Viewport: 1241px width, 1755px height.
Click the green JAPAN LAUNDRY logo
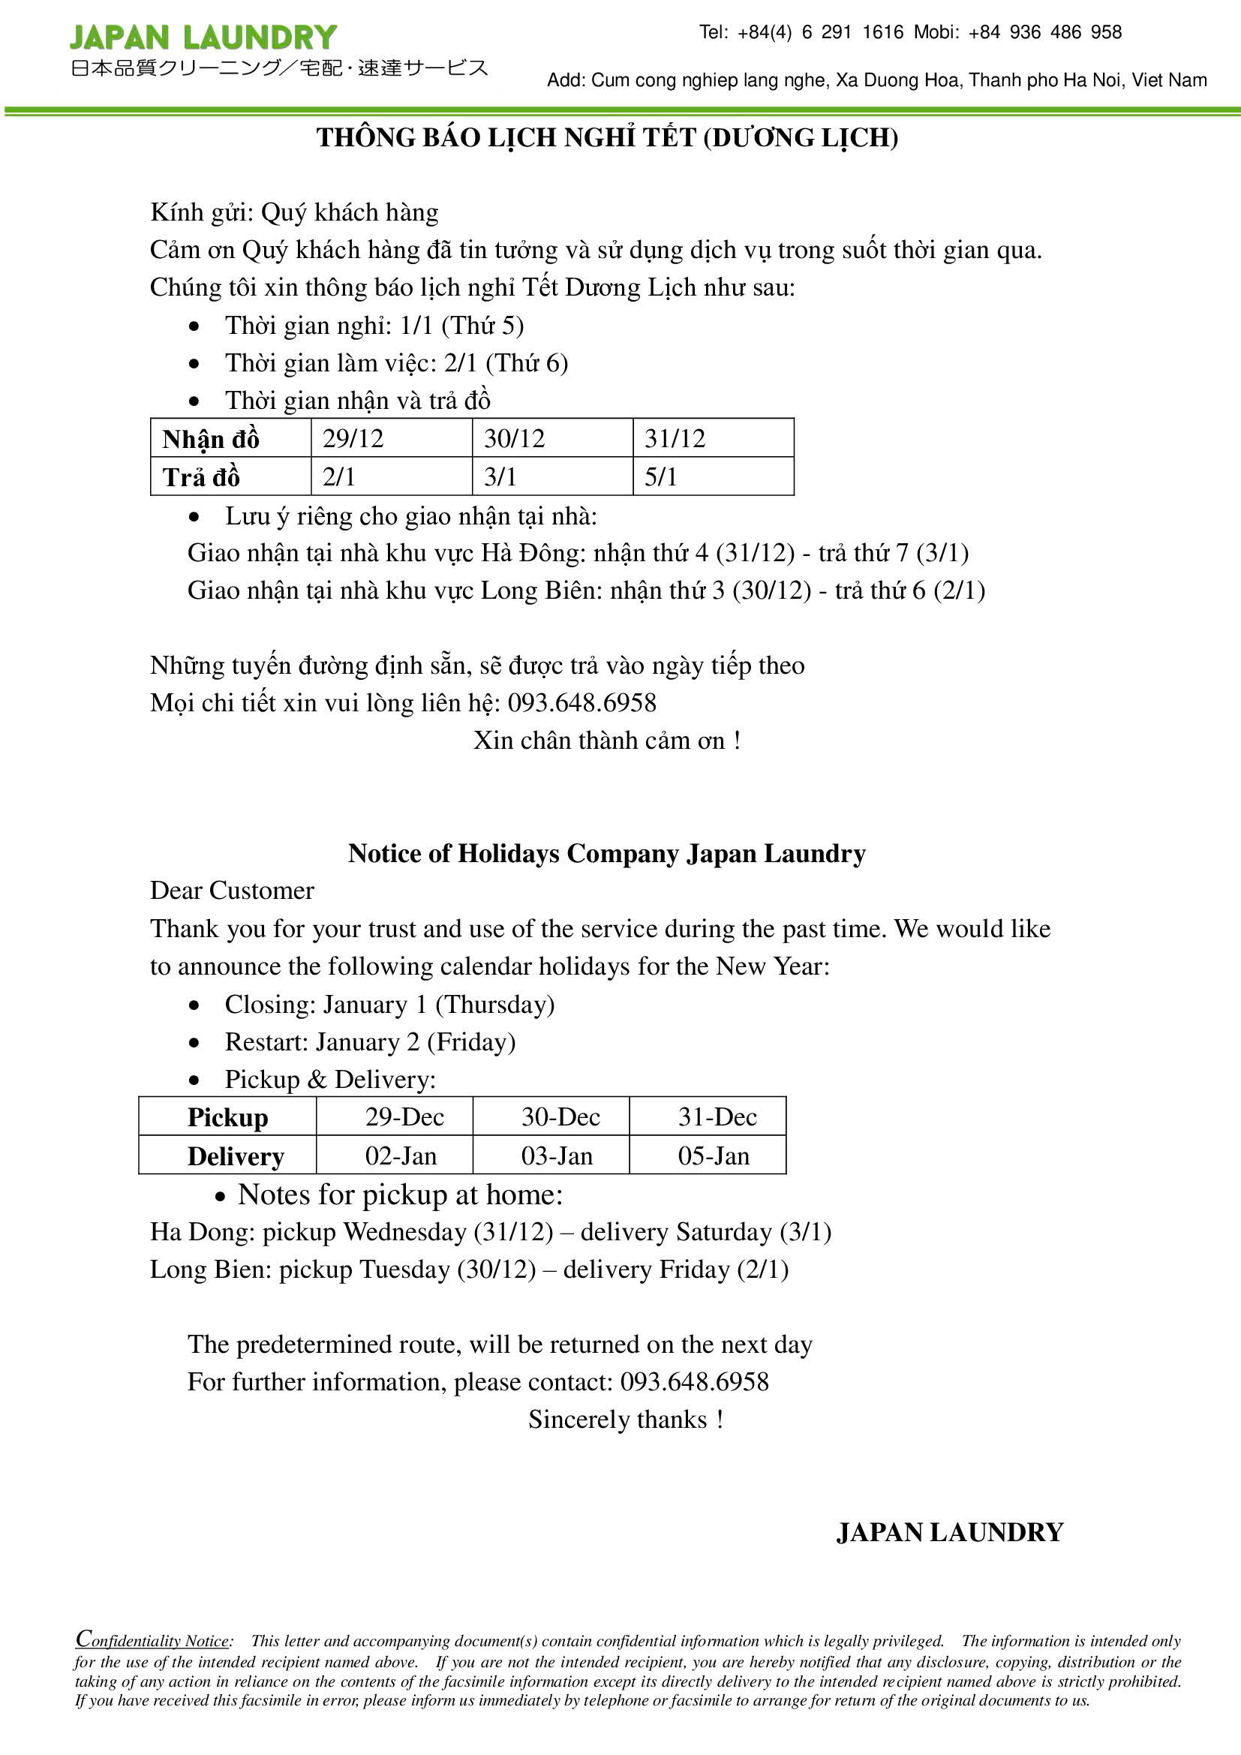203,38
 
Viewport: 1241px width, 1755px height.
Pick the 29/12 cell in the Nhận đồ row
353,439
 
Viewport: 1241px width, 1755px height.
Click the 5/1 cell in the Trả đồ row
661,477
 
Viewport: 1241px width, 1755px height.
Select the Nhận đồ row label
211,440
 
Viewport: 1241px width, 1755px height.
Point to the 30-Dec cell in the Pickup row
560,1116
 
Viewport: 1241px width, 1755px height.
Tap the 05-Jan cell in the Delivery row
713,1155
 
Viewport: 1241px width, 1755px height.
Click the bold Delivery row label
236,1155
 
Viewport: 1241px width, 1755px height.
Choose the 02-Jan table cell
401,1155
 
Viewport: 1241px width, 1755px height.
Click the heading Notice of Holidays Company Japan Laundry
607,853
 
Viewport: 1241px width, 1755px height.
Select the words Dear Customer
232,891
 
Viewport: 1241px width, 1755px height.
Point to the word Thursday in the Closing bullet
495,1005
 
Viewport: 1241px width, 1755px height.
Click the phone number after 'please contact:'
694,1381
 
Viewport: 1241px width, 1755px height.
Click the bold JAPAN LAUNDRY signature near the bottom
950,1532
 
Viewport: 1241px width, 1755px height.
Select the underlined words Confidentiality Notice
153,1640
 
